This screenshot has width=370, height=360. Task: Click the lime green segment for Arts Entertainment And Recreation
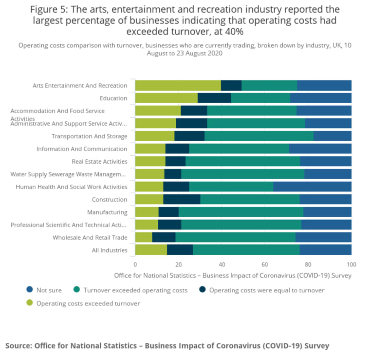pos(178,86)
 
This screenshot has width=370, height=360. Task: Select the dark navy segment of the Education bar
pos(214,98)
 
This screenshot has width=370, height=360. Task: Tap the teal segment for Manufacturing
pos(241,212)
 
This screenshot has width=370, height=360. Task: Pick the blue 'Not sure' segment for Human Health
pos(312,187)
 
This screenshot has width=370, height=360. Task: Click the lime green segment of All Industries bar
pos(151,250)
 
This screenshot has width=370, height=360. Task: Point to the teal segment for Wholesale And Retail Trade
pos(235,237)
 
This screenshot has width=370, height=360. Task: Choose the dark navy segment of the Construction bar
pos(182,199)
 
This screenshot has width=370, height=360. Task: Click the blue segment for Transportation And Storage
pos(332,136)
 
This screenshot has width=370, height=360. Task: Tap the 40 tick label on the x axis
pos(221,264)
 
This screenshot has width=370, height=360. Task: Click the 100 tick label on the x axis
pos(351,264)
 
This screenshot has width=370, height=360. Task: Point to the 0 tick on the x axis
pos(135,264)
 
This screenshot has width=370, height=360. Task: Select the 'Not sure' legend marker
pos(29,290)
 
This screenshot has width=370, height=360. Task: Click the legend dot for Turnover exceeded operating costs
pos(76,290)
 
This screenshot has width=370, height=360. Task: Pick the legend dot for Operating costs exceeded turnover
pos(29,304)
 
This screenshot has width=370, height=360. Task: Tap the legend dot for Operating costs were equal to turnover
pos(202,290)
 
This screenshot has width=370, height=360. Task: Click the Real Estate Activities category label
pos(99,161)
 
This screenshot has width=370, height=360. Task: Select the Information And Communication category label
pos(82,149)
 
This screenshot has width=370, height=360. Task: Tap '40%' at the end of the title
pos(232,32)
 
